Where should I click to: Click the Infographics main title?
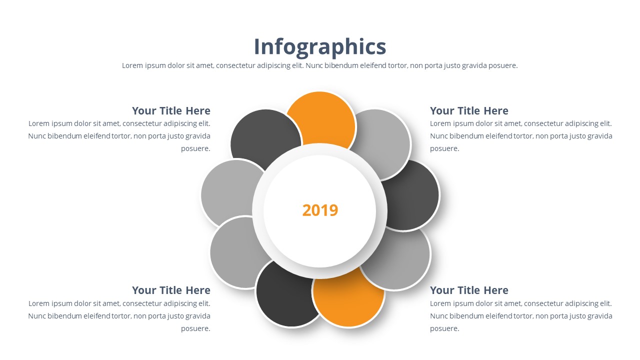pyautogui.click(x=320, y=46)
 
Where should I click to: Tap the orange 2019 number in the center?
pyautogui.click(x=320, y=210)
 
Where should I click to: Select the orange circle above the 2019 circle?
pyautogui.click(x=321, y=117)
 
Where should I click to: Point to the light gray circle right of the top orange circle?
pyautogui.click(x=382, y=140)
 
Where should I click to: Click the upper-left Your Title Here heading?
pyautogui.click(x=171, y=111)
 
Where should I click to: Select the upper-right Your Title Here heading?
pyautogui.click(x=469, y=111)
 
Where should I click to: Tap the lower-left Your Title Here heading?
pyautogui.click(x=171, y=290)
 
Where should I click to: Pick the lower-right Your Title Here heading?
pyautogui.click(x=469, y=290)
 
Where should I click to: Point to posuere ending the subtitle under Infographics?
pyautogui.click(x=502, y=65)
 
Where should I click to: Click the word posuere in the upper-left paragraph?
pyautogui.click(x=195, y=148)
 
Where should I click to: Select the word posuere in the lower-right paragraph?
pyautogui.click(x=444, y=328)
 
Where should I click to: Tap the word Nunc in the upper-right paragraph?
pyautogui.click(x=438, y=136)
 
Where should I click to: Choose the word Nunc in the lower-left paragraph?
pyautogui.click(x=37, y=316)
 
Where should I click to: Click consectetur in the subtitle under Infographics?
pyautogui.click(x=237, y=65)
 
